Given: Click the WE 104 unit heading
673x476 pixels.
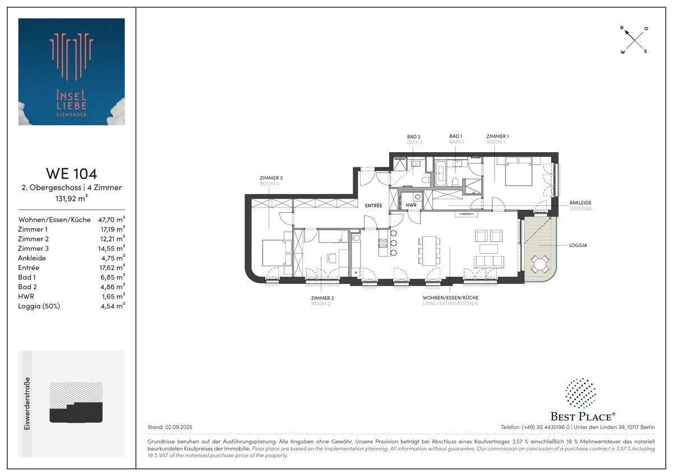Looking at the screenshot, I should pyautogui.click(x=71, y=173).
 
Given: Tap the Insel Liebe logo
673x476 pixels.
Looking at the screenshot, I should pyautogui.click(x=71, y=71).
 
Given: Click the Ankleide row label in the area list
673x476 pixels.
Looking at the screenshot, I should pyautogui.click(x=32, y=258).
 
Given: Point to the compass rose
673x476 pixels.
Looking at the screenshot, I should pyautogui.click(x=634, y=39).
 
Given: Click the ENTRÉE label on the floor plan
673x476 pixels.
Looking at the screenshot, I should pyautogui.click(x=373, y=205).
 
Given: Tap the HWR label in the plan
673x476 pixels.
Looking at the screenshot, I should pyautogui.click(x=411, y=205).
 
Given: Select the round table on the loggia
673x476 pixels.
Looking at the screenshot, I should pyautogui.click(x=539, y=263).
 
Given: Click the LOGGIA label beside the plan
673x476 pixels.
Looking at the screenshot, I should pyautogui.click(x=578, y=245).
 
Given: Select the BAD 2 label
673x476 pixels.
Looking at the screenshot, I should pyautogui.click(x=414, y=136).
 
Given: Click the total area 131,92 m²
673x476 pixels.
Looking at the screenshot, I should pyautogui.click(x=71, y=198).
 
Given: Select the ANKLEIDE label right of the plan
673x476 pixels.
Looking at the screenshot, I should pyautogui.click(x=580, y=203).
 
